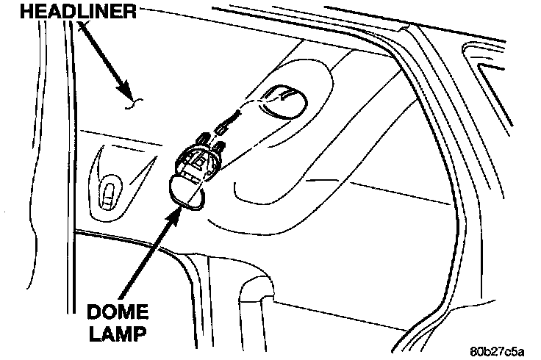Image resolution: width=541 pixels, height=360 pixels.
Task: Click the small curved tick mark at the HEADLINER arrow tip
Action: click(x=132, y=104)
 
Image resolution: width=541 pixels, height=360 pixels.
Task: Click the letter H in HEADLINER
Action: click(x=10, y=12)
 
